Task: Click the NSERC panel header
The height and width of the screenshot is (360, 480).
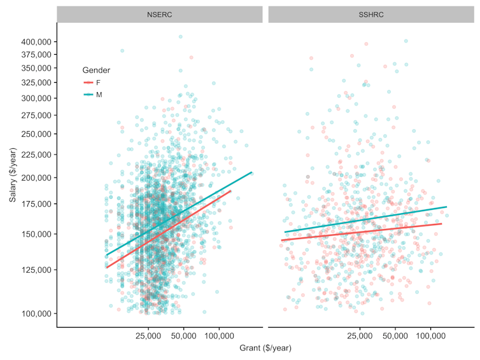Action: point(159,14)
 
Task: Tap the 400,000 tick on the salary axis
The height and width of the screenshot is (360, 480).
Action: point(36,41)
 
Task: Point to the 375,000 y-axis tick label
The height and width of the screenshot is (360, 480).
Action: point(36,54)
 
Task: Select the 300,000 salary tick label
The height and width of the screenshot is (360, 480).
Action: point(36,99)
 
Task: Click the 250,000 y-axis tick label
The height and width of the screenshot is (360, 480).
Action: point(36,134)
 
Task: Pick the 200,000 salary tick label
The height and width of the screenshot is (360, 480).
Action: point(36,177)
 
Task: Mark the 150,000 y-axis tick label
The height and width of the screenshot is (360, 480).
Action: point(36,233)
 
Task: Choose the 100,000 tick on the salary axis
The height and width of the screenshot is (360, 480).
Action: point(36,314)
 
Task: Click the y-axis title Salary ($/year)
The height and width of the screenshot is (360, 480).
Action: point(13,175)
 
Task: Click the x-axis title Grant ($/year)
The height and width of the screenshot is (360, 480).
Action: point(265,349)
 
